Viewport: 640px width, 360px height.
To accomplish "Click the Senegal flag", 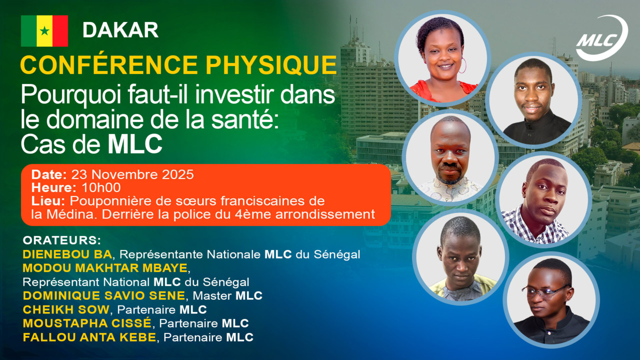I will (44, 31).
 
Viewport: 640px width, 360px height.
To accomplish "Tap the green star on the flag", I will (44, 31).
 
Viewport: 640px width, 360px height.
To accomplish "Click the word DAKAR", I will (120, 30).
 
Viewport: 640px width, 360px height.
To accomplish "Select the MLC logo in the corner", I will (601, 38).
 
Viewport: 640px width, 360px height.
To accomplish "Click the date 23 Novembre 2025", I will (132, 175).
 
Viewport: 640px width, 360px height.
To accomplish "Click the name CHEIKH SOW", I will (65, 309).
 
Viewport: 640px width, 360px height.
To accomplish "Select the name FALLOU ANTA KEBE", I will (89, 337).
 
